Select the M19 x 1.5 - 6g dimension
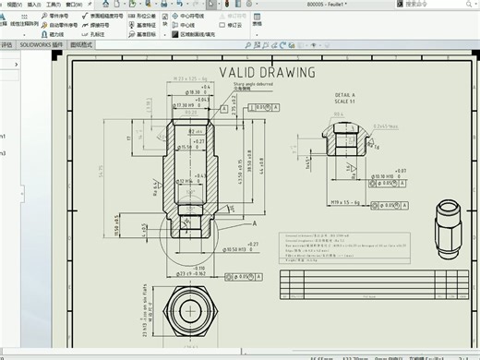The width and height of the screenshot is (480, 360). click(x=343, y=200)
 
